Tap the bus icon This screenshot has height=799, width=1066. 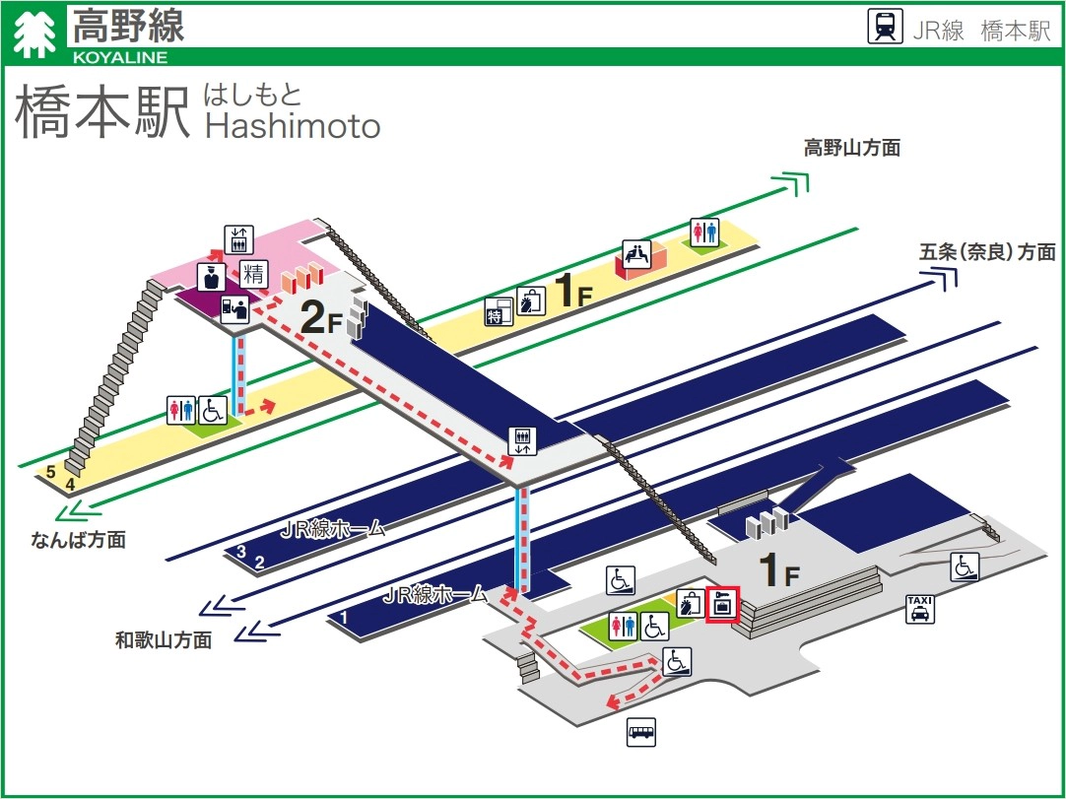(641, 732)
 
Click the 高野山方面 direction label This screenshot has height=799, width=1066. (851, 149)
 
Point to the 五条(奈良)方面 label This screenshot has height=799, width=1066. (987, 251)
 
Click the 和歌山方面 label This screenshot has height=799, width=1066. (164, 640)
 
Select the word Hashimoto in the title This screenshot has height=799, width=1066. (292, 125)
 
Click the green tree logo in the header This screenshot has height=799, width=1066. (36, 33)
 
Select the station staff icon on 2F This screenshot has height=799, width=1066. (209, 276)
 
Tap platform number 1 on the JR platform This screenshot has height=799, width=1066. (345, 618)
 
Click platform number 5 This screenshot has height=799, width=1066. (50, 472)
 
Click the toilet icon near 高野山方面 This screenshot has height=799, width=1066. (704, 231)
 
